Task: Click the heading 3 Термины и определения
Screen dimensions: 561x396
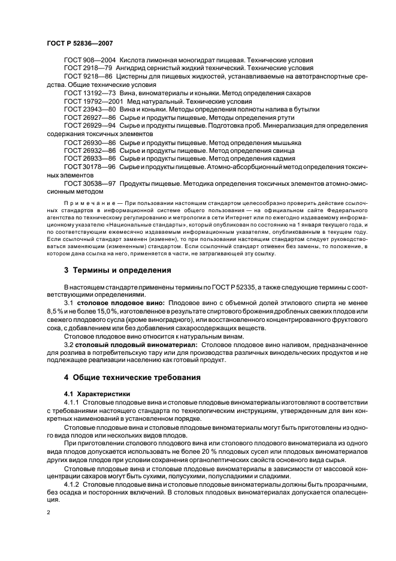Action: tap(117, 271)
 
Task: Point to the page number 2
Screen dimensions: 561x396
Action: tap(48, 513)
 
